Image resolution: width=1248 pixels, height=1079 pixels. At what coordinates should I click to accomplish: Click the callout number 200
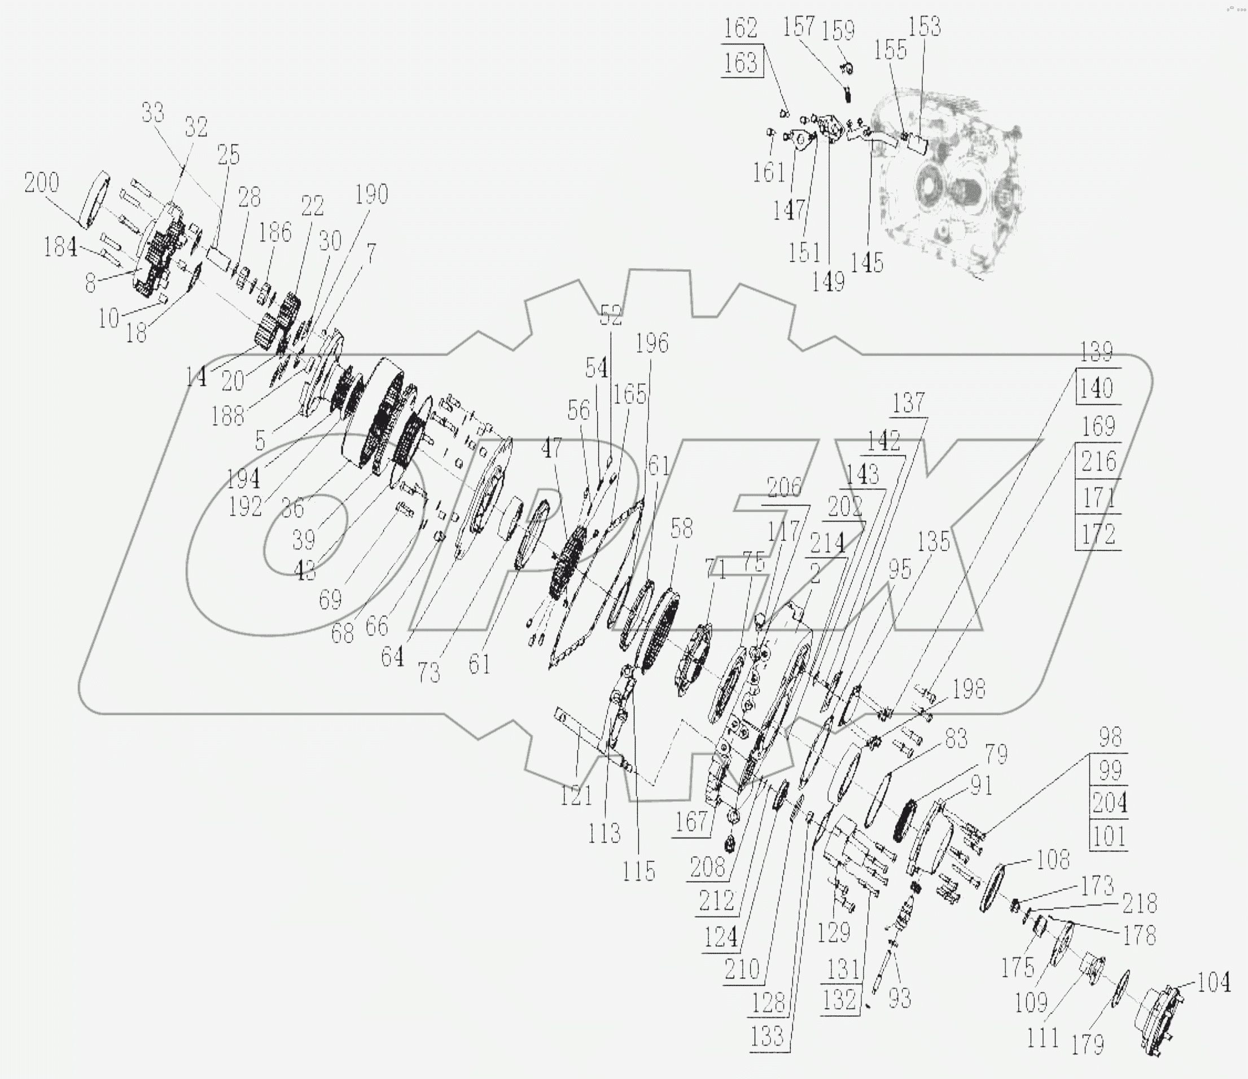click(x=42, y=182)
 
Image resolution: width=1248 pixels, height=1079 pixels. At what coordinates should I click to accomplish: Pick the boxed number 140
click(x=1096, y=388)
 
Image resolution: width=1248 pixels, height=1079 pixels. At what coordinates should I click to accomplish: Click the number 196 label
click(x=653, y=343)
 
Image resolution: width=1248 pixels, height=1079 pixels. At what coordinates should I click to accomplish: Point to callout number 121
click(x=577, y=797)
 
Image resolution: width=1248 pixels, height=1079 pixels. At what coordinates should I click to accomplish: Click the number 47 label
click(x=551, y=448)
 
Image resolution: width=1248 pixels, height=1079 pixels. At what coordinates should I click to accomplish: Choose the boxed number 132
click(x=840, y=1000)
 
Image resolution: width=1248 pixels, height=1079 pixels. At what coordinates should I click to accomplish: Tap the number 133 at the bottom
click(x=767, y=1036)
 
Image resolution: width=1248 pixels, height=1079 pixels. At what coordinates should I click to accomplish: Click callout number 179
click(x=1088, y=1044)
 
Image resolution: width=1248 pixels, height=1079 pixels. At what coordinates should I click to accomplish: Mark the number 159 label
click(x=838, y=30)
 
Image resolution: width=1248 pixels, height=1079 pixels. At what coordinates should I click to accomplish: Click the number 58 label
click(x=681, y=528)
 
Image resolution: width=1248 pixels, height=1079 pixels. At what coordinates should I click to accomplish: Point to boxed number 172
click(x=1098, y=534)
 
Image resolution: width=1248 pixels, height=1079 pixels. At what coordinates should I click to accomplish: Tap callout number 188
click(x=227, y=415)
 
